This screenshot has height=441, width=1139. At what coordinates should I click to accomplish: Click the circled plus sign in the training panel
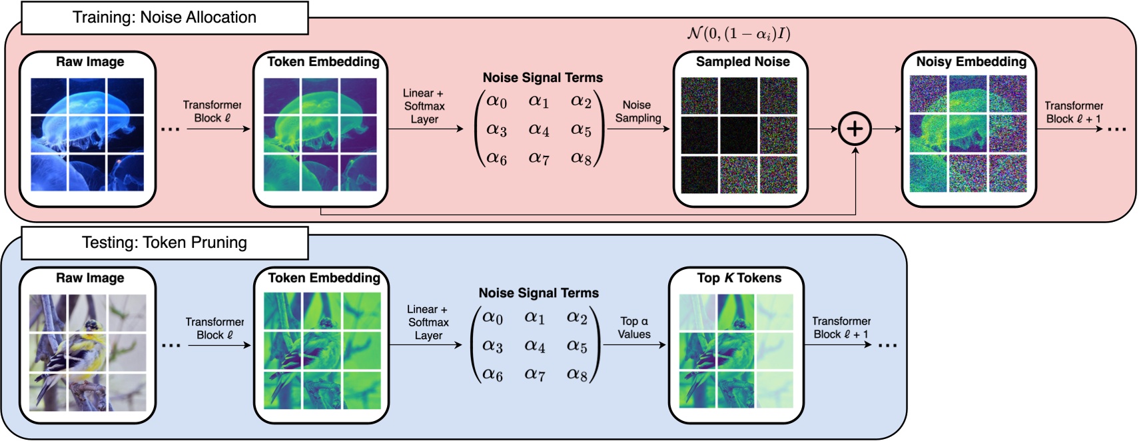pos(855,129)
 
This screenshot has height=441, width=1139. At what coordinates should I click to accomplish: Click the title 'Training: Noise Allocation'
pos(165,17)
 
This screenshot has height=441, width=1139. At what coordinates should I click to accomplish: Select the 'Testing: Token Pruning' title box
pos(165,242)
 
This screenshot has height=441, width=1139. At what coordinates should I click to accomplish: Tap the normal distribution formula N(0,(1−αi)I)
pos(739,33)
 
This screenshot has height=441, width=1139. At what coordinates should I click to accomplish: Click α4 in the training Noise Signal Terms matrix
pos(539,129)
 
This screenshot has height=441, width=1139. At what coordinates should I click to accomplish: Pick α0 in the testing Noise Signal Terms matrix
pos(493,317)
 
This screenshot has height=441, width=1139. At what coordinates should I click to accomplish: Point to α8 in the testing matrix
pos(577,374)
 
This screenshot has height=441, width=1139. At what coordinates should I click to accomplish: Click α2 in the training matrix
pos(581,101)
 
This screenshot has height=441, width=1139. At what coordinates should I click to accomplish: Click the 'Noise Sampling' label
pos(637,111)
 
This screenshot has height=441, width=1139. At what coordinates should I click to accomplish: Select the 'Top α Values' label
pos(633,328)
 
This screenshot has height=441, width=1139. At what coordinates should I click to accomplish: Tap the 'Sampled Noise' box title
pos(743,62)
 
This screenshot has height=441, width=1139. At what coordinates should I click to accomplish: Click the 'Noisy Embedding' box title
pos(971,62)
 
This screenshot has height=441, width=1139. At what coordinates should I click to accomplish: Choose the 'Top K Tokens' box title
pos(739,278)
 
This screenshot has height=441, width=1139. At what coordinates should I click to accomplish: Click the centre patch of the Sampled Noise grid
pos(739,135)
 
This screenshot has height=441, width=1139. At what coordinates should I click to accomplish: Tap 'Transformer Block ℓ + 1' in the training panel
pos(1073,112)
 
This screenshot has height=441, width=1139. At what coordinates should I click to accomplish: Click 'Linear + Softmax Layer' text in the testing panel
pos(428,322)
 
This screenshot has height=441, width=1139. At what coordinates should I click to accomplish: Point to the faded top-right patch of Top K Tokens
pos(775,312)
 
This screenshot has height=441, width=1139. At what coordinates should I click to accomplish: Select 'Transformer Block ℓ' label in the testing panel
pos(214,328)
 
